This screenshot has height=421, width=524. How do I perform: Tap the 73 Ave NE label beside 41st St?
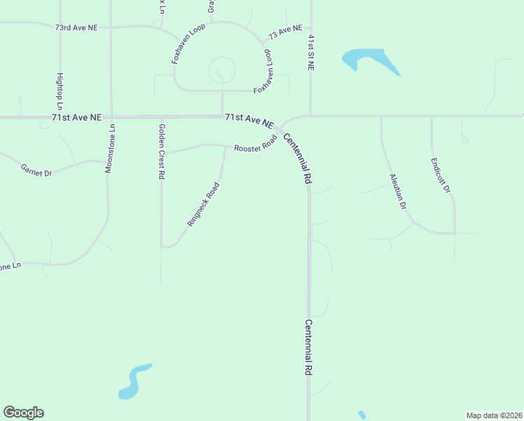click(284, 33)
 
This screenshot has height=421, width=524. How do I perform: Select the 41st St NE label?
click(310, 53)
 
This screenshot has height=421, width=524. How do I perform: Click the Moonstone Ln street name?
click(110, 148)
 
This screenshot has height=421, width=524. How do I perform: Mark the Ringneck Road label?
click(203, 204)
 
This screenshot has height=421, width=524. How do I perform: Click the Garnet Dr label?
click(36, 170)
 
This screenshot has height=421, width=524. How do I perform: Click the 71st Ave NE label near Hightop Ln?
click(76, 117)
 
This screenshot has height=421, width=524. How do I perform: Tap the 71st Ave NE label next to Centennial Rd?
click(249, 120)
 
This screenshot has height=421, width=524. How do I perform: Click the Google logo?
click(23, 413)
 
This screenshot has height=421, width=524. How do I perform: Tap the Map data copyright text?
click(495, 415)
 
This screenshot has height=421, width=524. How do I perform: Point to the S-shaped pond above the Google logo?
click(134, 381)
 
